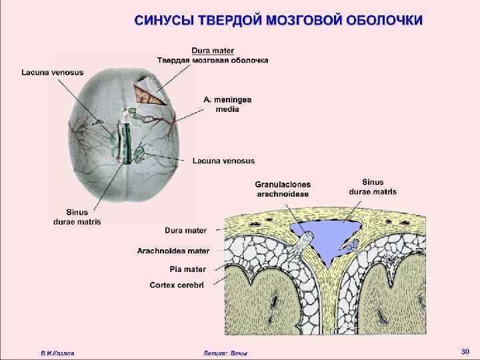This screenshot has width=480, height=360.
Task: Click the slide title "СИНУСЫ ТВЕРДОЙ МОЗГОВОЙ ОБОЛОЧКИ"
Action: [278, 19]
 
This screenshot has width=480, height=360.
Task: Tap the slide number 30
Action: [465, 351]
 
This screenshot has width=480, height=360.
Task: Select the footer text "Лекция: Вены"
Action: [225, 352]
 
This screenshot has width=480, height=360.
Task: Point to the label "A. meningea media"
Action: [223, 103]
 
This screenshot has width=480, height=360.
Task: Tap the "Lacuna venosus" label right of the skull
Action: [223, 161]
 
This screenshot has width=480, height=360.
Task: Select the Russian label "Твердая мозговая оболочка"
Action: [213, 60]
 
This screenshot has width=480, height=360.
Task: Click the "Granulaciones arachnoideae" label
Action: [283, 189]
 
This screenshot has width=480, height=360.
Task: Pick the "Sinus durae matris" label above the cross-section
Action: [373, 186]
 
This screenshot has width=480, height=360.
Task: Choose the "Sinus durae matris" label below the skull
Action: [77, 217]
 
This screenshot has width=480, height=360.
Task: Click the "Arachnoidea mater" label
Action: [173, 251]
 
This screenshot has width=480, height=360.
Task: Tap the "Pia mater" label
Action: [187, 269]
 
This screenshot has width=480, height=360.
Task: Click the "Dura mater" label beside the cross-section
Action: [186, 231]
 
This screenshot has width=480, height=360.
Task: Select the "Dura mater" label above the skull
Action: [213, 50]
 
